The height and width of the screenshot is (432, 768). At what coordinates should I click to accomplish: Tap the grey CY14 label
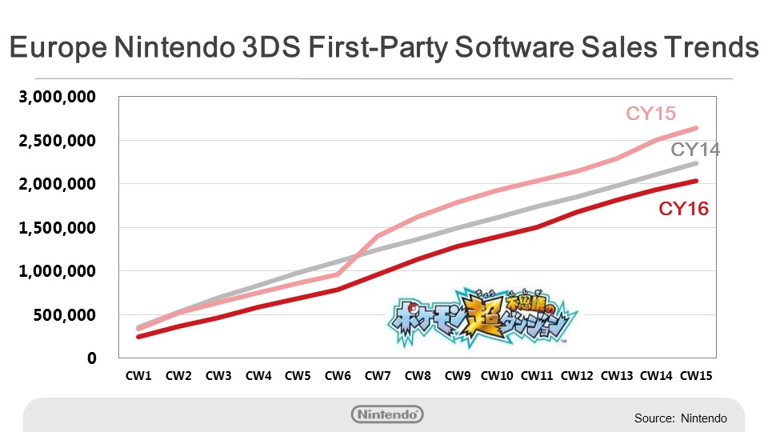694,150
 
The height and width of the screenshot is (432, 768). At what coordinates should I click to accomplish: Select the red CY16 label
683,210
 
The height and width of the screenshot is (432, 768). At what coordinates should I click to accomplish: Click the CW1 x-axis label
139,375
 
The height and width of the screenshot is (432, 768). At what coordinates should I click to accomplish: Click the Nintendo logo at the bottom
387,414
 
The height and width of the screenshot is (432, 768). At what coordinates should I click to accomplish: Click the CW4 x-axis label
258,375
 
